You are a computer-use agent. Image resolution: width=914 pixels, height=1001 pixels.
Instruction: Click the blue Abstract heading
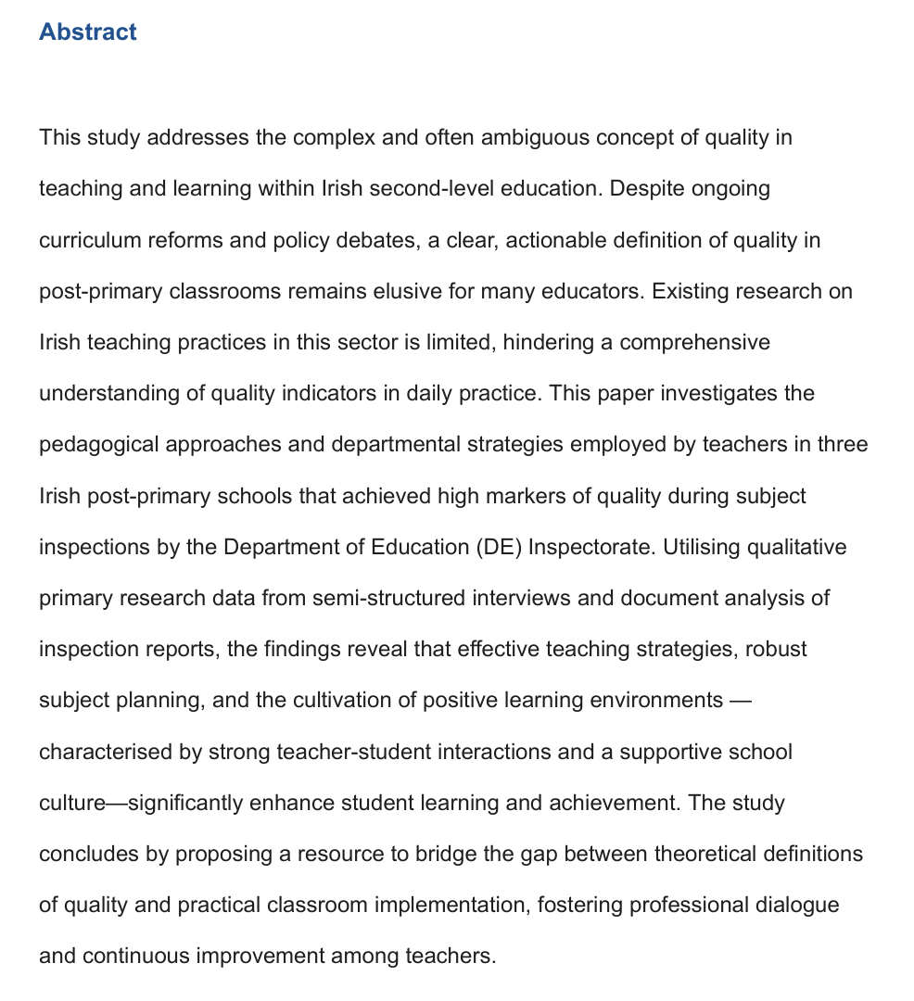click(x=88, y=32)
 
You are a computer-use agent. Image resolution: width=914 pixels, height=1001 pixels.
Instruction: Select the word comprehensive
click(x=694, y=342)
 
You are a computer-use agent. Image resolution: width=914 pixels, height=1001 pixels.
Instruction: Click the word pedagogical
click(x=99, y=444)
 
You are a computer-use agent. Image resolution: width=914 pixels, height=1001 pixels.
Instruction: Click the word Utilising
click(x=701, y=547)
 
